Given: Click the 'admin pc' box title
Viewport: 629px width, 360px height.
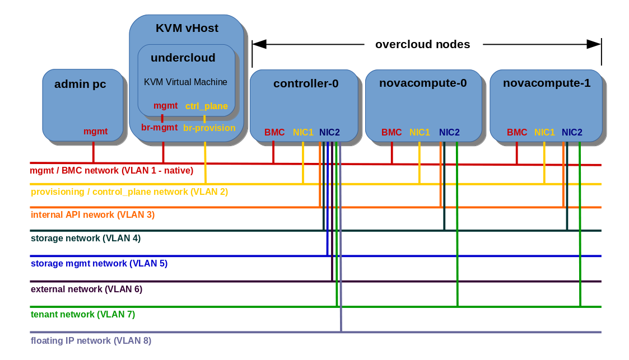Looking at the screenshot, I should [x=80, y=85].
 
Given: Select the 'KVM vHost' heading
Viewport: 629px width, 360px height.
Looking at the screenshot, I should [x=187, y=28].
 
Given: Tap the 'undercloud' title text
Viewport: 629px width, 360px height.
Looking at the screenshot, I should [x=183, y=58].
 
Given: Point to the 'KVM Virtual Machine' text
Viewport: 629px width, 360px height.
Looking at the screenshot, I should [x=185, y=82].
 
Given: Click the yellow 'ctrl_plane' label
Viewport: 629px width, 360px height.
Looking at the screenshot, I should [x=206, y=106].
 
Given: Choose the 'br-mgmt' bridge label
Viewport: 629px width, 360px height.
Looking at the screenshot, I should [x=160, y=128].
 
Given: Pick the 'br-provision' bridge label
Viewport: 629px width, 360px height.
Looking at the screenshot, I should [x=209, y=128].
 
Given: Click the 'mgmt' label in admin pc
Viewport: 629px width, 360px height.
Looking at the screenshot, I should [x=95, y=132].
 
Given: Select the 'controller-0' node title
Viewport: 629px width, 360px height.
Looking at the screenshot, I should [x=306, y=83].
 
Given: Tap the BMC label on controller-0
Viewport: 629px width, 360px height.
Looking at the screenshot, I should [x=274, y=133].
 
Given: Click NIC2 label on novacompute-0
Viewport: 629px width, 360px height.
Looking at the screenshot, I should [x=449, y=133].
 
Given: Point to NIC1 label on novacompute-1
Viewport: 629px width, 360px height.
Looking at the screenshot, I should [x=544, y=133].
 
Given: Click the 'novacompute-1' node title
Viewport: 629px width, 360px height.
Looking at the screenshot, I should [x=547, y=83].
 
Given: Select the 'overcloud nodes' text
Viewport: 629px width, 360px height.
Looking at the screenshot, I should [x=422, y=44].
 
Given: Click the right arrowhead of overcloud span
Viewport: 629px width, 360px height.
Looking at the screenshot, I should [x=594, y=44].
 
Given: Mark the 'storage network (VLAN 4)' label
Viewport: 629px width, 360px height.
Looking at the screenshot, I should [x=86, y=238].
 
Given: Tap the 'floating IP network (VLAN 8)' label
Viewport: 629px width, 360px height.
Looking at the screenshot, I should [x=91, y=340].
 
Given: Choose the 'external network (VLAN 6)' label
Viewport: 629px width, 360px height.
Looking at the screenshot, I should [x=86, y=289].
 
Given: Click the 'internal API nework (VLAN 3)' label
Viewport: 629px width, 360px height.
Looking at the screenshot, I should [x=92, y=214].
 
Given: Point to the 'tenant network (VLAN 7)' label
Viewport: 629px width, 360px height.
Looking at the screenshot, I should [x=83, y=315].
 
